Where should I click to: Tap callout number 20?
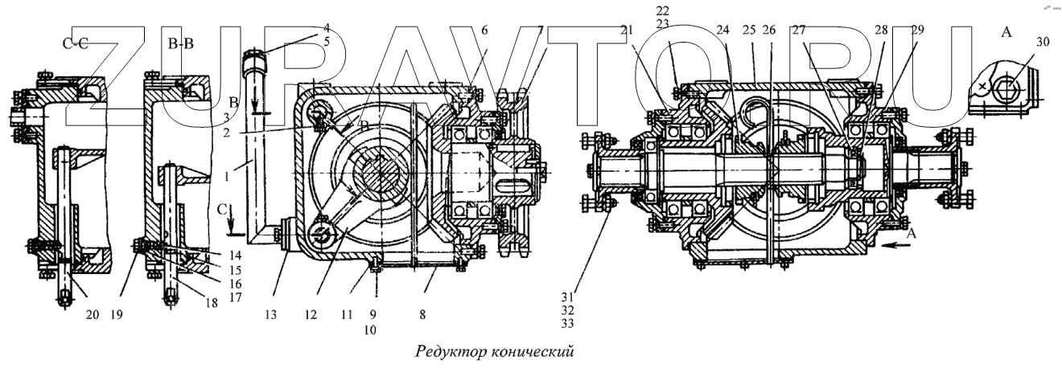pos(93,315)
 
